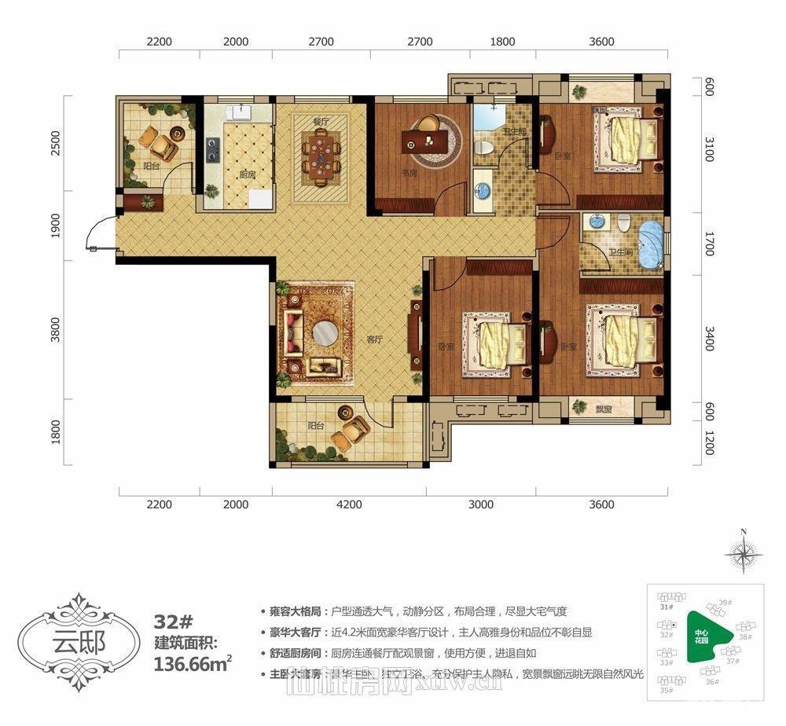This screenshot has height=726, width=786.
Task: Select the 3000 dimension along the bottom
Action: [481, 504]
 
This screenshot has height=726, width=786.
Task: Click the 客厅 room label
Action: [373, 339]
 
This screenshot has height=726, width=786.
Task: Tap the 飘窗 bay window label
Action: [604, 409]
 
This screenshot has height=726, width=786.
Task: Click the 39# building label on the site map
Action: [725, 603]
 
